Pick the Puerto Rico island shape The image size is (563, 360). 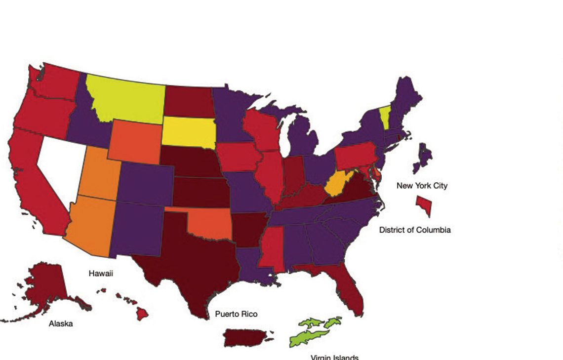(245, 338)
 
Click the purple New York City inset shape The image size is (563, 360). (424, 157)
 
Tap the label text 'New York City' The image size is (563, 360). (422, 186)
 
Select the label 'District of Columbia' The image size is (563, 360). (415, 230)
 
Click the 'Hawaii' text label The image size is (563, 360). (101, 273)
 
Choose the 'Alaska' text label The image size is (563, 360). (61, 323)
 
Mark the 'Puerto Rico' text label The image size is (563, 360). (236, 314)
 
